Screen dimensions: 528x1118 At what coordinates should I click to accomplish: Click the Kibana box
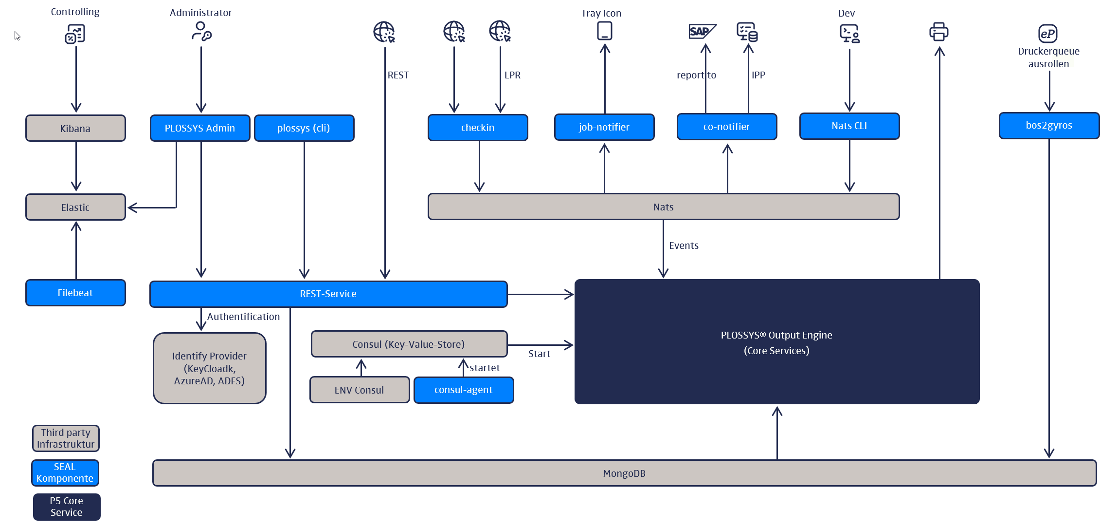pyautogui.click(x=75, y=128)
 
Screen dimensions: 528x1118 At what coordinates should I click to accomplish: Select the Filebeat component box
pyautogui.click(x=75, y=293)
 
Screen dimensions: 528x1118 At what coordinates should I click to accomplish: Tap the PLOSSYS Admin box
pyautogui.click(x=200, y=128)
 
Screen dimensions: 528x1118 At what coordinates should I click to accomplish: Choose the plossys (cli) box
pyautogui.click(x=304, y=128)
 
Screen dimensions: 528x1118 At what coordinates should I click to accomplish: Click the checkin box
pyautogui.click(x=478, y=128)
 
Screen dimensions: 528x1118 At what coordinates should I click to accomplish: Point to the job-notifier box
pyautogui.click(x=604, y=127)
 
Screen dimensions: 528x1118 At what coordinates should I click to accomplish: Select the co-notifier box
pyautogui.click(x=727, y=127)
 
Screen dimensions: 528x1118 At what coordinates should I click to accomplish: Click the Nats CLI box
pyautogui.click(x=849, y=126)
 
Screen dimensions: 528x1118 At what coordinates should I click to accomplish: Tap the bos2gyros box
pyautogui.click(x=1049, y=126)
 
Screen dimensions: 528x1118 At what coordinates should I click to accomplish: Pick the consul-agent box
pyautogui.click(x=464, y=390)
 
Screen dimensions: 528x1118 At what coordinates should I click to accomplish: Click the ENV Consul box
pyautogui.click(x=360, y=390)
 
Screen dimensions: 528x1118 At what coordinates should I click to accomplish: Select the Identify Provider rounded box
pyautogui.click(x=210, y=368)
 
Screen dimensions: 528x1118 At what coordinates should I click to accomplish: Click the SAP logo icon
pyautogui.click(x=702, y=32)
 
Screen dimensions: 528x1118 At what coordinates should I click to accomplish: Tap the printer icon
pyautogui.click(x=938, y=32)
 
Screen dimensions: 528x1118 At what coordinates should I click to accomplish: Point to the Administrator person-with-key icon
pyautogui.click(x=201, y=32)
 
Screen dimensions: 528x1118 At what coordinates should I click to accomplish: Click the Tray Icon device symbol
pyautogui.click(x=604, y=31)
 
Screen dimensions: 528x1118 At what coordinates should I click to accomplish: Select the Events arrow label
pyautogui.click(x=684, y=245)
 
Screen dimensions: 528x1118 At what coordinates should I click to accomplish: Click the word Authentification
pyautogui.click(x=243, y=317)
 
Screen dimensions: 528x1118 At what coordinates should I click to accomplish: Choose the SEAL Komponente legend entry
pyautogui.click(x=65, y=472)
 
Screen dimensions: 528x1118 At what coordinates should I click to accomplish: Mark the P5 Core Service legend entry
pyautogui.click(x=67, y=507)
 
